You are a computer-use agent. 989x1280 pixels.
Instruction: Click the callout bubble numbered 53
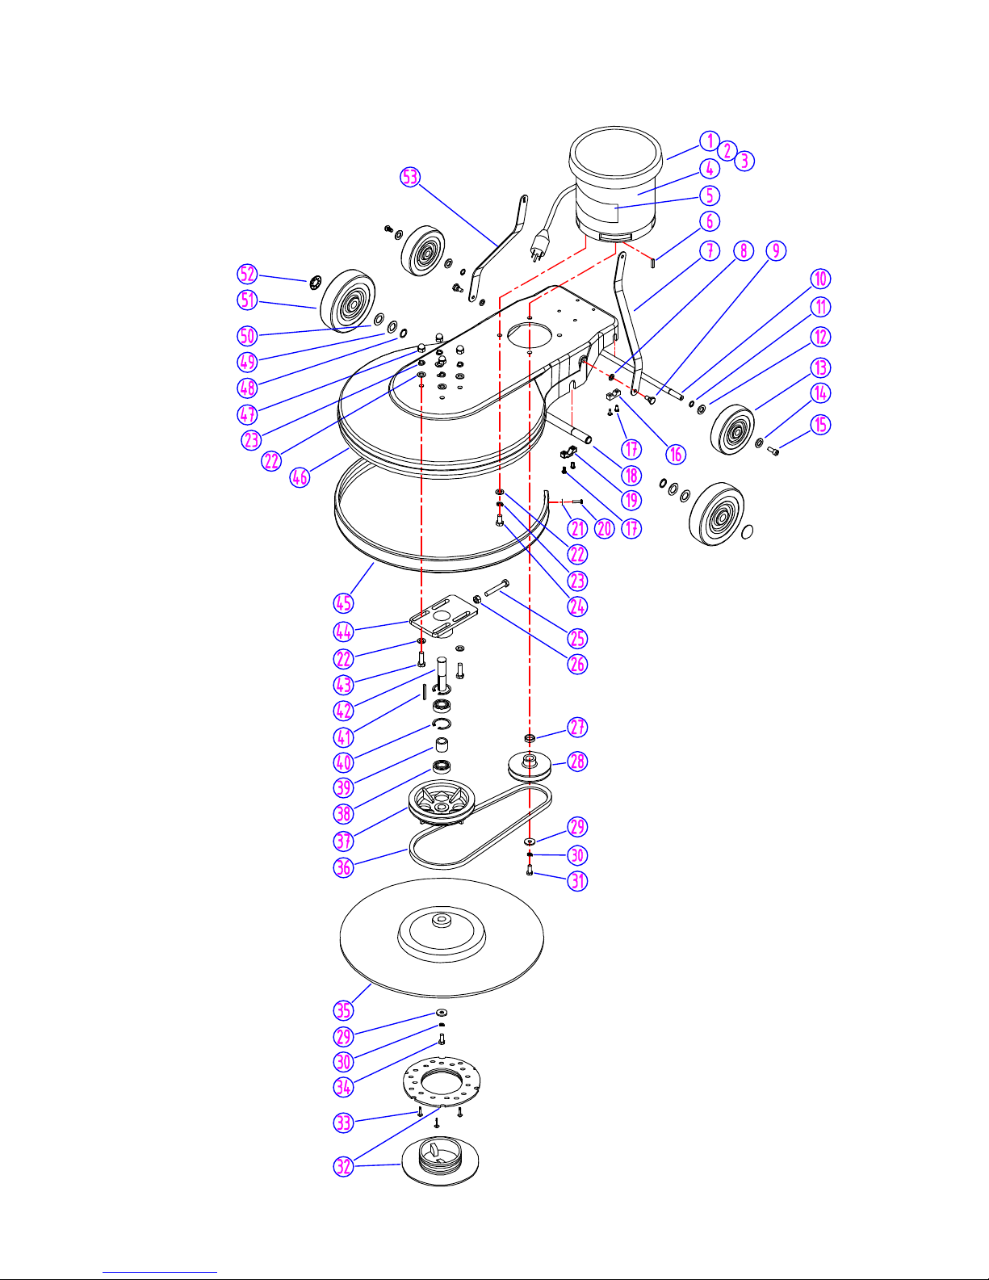tap(410, 177)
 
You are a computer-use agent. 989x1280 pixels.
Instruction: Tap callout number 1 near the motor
tap(710, 141)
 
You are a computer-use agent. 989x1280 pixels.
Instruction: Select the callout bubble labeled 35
tap(343, 1010)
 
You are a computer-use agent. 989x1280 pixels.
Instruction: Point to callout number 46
tap(300, 476)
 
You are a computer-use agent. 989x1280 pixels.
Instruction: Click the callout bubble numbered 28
tap(577, 761)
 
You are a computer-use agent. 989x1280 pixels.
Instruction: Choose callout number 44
tap(343, 632)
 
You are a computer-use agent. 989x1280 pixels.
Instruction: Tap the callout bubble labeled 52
tap(247, 274)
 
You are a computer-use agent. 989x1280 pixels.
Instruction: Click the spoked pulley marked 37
tap(442, 802)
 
